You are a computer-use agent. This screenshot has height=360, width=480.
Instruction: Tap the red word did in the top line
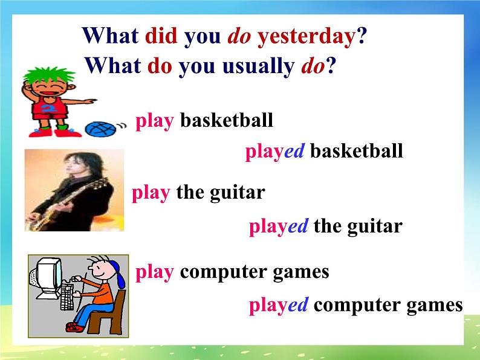point(161,36)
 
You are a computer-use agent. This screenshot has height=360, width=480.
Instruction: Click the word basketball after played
point(356,151)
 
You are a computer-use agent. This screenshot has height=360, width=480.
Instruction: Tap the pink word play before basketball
point(155,121)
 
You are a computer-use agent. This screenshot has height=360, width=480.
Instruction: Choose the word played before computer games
point(279,306)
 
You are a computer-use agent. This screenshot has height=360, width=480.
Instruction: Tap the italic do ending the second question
point(313,65)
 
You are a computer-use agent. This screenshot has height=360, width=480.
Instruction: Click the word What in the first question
point(111,36)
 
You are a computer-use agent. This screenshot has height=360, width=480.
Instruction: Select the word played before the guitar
point(279,227)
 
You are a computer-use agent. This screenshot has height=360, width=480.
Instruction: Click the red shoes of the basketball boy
point(48,131)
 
